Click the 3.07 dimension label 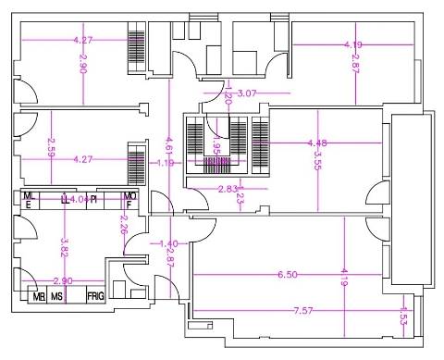click(x=247, y=93)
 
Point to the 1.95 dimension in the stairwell click(x=216, y=147)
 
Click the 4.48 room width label click(x=319, y=143)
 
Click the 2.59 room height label click(x=51, y=145)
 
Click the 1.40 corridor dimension click(x=167, y=243)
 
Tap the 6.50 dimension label click(x=288, y=275)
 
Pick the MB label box click(x=39, y=297)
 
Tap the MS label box click(x=57, y=297)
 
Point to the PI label click(x=94, y=199)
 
